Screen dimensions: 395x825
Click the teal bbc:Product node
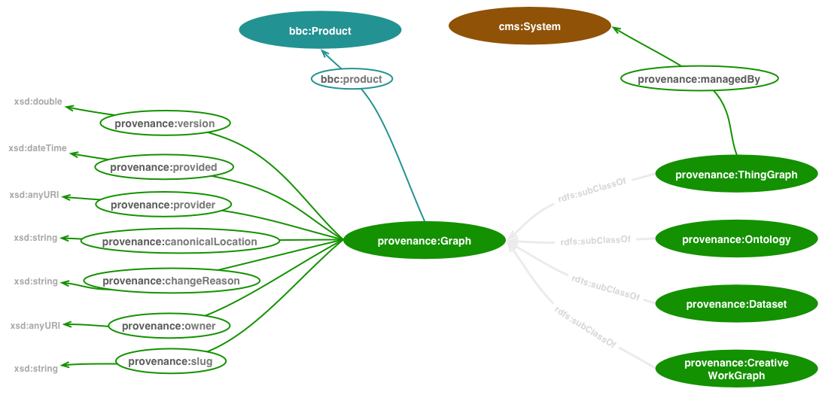click(320, 31)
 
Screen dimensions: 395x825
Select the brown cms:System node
click(529, 26)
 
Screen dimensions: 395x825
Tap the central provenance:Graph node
click(424, 241)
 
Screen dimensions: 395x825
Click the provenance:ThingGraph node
click(735, 175)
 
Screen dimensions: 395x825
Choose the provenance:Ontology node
click(735, 239)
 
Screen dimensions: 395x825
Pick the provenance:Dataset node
click(735, 304)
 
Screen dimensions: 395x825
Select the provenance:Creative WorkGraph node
click(735, 369)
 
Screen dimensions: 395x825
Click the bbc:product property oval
click(351, 79)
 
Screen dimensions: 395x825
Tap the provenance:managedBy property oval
click(698, 78)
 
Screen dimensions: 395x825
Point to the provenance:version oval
click(164, 123)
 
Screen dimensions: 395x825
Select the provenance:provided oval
click(163, 167)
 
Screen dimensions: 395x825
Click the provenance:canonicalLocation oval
click(179, 242)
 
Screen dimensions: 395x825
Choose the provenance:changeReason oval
click(171, 281)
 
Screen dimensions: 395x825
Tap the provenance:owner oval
click(169, 326)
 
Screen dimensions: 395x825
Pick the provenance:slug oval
click(170, 361)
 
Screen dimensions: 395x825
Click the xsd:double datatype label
click(38, 102)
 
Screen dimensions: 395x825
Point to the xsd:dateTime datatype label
click(38, 148)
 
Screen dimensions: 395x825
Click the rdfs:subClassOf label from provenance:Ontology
click(595, 241)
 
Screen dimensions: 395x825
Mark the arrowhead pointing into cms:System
click(616, 30)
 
